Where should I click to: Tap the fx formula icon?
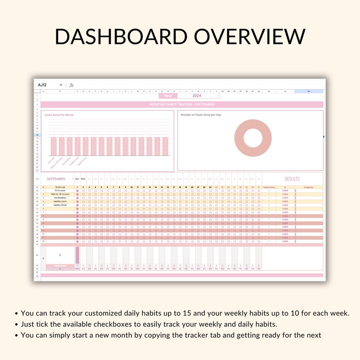click(x=72, y=85)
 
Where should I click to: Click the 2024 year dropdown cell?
click(x=197, y=96)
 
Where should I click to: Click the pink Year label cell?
click(x=168, y=96)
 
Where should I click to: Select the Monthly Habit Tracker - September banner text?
click(x=182, y=105)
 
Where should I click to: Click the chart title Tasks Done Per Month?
click(x=59, y=115)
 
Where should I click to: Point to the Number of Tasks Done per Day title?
click(x=200, y=115)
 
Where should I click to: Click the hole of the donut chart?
click(x=253, y=139)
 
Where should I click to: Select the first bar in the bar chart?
click(x=54, y=146)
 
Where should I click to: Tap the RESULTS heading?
click(x=292, y=179)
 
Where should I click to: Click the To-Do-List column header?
click(x=60, y=187)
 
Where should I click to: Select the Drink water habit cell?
click(x=60, y=190)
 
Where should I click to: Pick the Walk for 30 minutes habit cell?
click(x=60, y=194)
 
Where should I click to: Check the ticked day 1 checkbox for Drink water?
click(x=77, y=191)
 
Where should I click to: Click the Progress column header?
click(x=309, y=187)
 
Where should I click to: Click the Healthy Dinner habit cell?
click(x=60, y=205)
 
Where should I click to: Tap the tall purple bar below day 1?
click(x=77, y=254)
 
